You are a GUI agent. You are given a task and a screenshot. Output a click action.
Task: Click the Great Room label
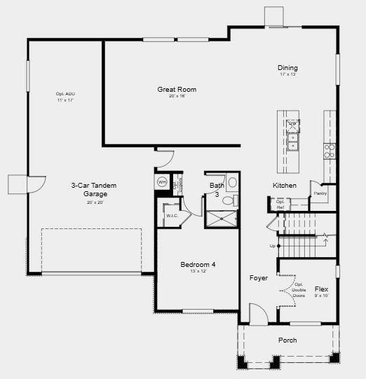[176, 90]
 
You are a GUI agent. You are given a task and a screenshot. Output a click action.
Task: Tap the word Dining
[287, 68]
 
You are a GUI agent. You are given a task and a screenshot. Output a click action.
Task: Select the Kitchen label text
[284, 186]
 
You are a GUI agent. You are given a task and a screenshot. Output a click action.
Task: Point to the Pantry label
[320, 193]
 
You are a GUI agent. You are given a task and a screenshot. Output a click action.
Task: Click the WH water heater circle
[162, 182]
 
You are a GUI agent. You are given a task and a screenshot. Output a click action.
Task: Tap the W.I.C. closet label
[172, 216]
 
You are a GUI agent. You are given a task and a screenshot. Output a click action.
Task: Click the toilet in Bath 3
[228, 200]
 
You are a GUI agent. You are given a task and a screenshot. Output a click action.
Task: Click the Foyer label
[259, 278]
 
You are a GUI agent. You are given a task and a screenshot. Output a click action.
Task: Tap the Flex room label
[321, 289]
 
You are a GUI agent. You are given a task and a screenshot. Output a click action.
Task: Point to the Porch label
[287, 340]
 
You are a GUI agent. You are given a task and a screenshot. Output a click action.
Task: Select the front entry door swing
[258, 314]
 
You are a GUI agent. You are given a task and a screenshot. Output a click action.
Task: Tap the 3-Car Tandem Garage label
[93, 189]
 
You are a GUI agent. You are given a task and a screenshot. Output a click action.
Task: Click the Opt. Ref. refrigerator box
[280, 205]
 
